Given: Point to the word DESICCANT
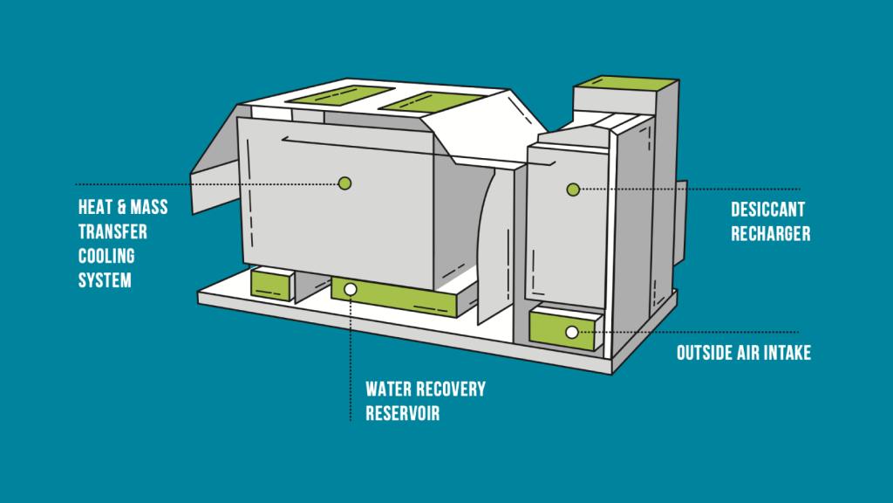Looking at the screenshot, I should (x=767, y=210).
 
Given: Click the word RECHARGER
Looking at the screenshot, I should (x=771, y=234).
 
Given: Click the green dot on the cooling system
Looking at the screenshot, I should (x=344, y=183).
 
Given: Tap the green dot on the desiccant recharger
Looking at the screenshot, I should (x=573, y=189).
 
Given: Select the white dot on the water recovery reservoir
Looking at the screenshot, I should (x=351, y=288).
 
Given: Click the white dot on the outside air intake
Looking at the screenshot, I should (x=571, y=332).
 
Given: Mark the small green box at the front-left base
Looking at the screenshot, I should (x=270, y=284).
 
